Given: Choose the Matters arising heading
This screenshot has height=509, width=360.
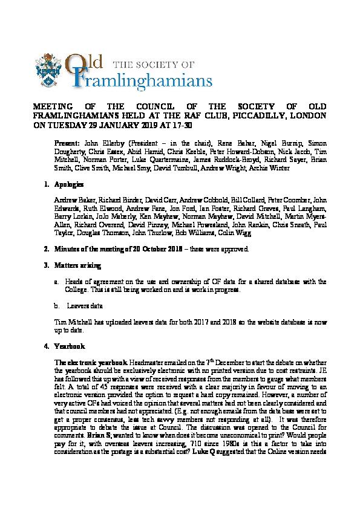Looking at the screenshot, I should coord(74,265).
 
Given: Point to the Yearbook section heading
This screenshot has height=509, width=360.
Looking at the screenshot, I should coord(67,346).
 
